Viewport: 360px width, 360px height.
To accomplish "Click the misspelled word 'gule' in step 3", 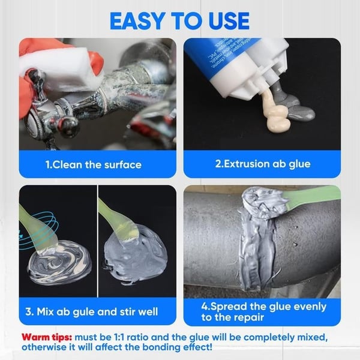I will click(x=80, y=311).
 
